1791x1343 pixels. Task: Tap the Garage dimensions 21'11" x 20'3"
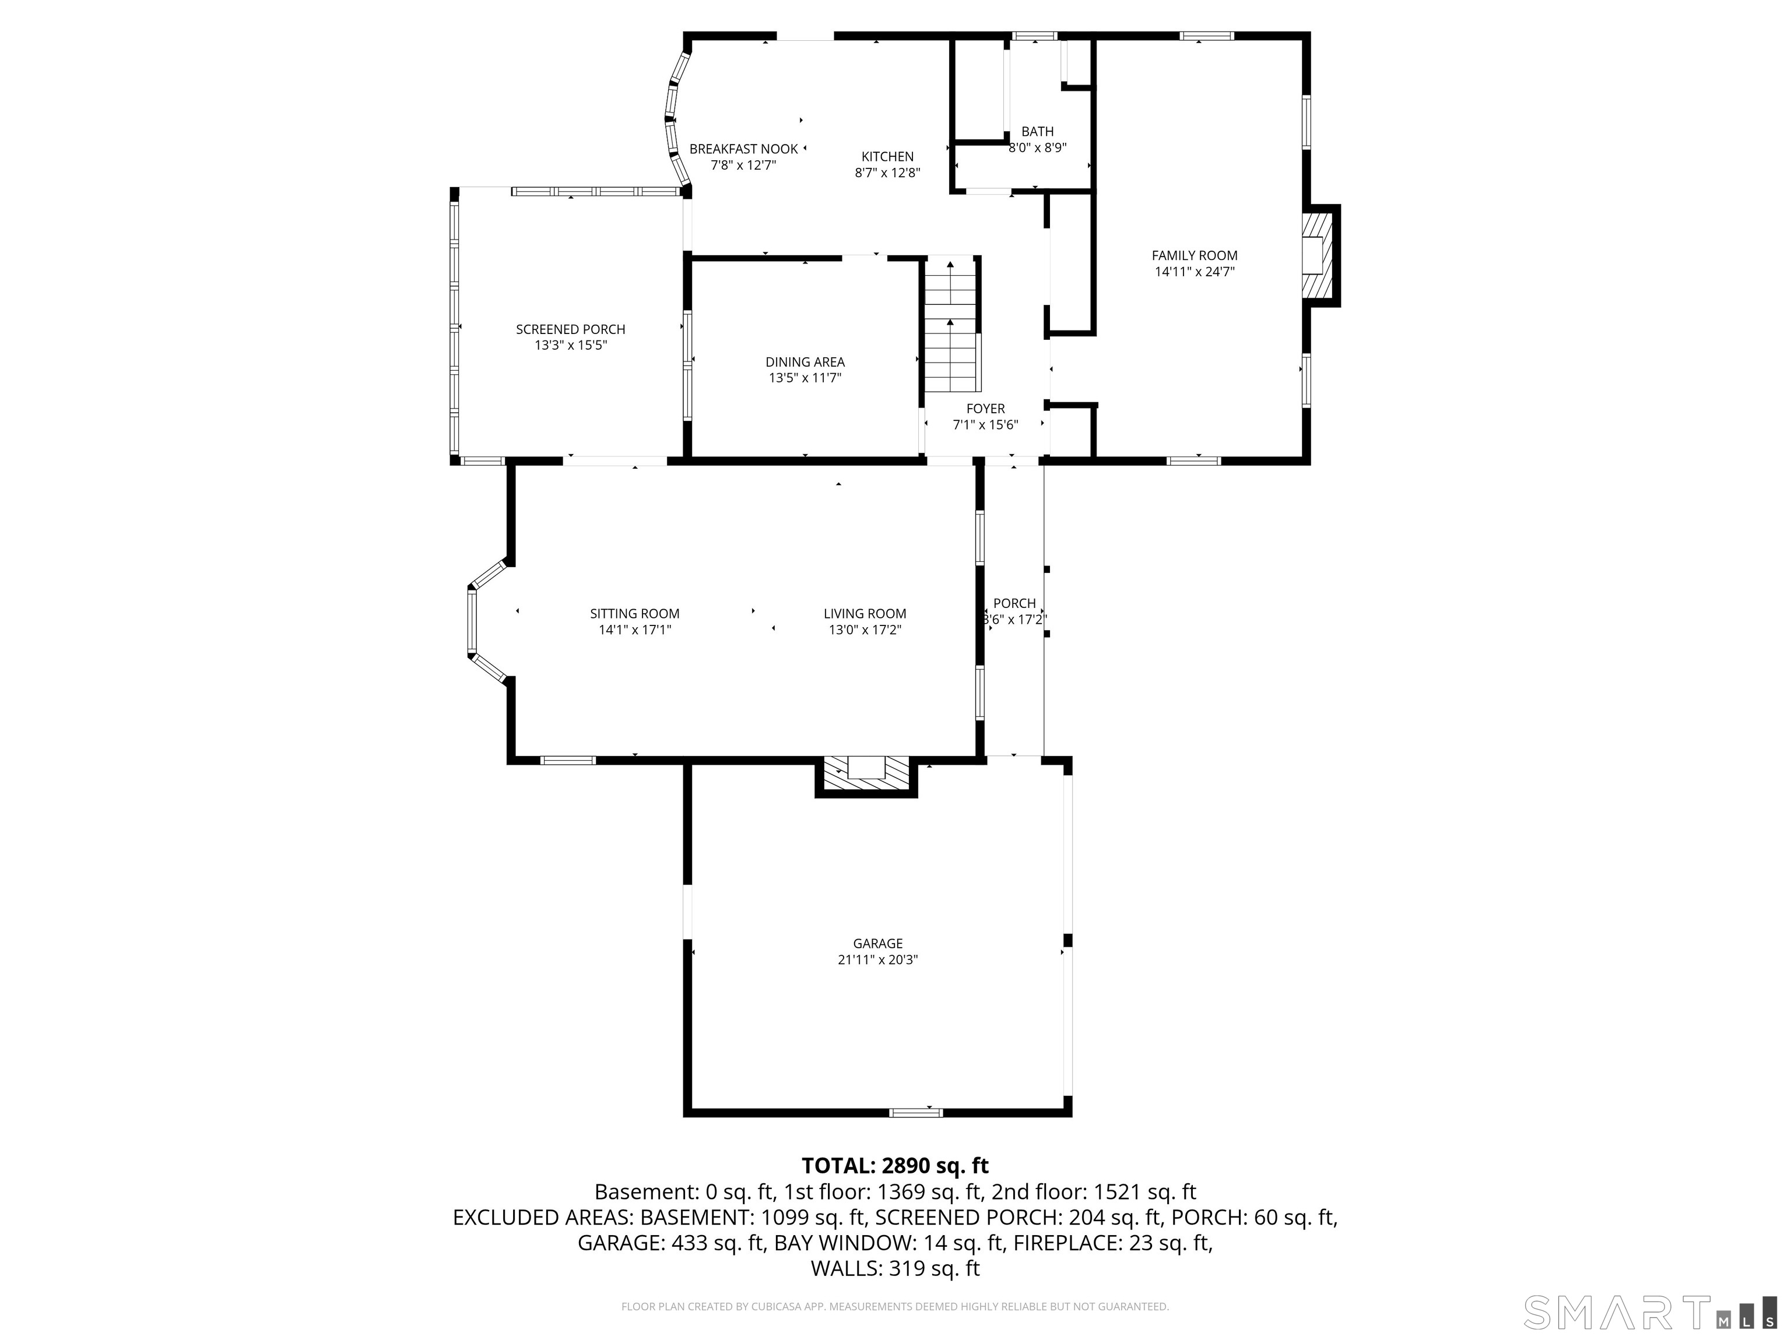[x=877, y=960]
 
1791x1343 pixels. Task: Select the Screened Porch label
[x=571, y=329]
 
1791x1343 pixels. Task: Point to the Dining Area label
[x=805, y=362]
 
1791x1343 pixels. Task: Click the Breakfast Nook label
[x=743, y=149]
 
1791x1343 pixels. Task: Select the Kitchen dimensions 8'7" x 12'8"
[x=887, y=173]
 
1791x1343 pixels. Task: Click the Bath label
[x=1037, y=131]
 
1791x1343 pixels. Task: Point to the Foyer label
[x=985, y=409]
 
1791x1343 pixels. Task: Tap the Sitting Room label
[x=635, y=614]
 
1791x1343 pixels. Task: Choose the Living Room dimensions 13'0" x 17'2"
[x=865, y=630]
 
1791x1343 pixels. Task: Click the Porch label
[x=1014, y=603]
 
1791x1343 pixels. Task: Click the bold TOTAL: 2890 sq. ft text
[x=895, y=1166]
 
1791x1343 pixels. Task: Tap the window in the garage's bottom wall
[x=916, y=1112]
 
